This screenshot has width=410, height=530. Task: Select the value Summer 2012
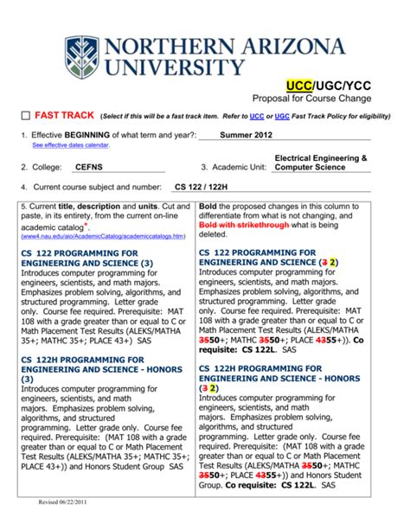[x=246, y=136]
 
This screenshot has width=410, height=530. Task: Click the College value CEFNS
[x=89, y=167]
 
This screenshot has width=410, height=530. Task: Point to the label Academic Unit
[x=234, y=167]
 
